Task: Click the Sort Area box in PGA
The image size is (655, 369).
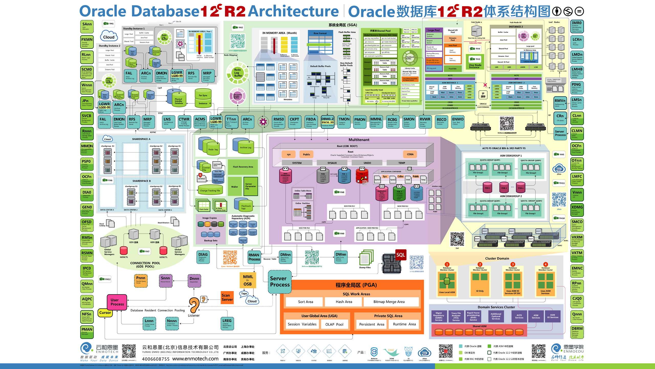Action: tap(305, 302)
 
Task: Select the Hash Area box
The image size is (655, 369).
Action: tap(344, 302)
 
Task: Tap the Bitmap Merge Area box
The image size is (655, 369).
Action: tap(389, 302)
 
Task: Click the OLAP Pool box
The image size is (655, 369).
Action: tap(334, 324)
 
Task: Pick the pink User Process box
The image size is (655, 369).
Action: tap(117, 302)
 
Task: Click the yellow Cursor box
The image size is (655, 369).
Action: tap(105, 313)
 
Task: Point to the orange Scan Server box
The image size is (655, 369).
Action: tap(227, 298)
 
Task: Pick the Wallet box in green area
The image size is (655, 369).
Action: tap(234, 187)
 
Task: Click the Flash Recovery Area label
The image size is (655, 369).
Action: tap(243, 167)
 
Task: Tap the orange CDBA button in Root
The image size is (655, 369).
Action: tap(410, 154)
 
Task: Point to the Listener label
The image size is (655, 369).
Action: tap(194, 315)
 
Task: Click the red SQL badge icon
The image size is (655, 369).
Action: tap(401, 255)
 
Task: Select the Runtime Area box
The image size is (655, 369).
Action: tap(404, 324)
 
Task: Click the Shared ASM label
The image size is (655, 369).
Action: tap(479, 326)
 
